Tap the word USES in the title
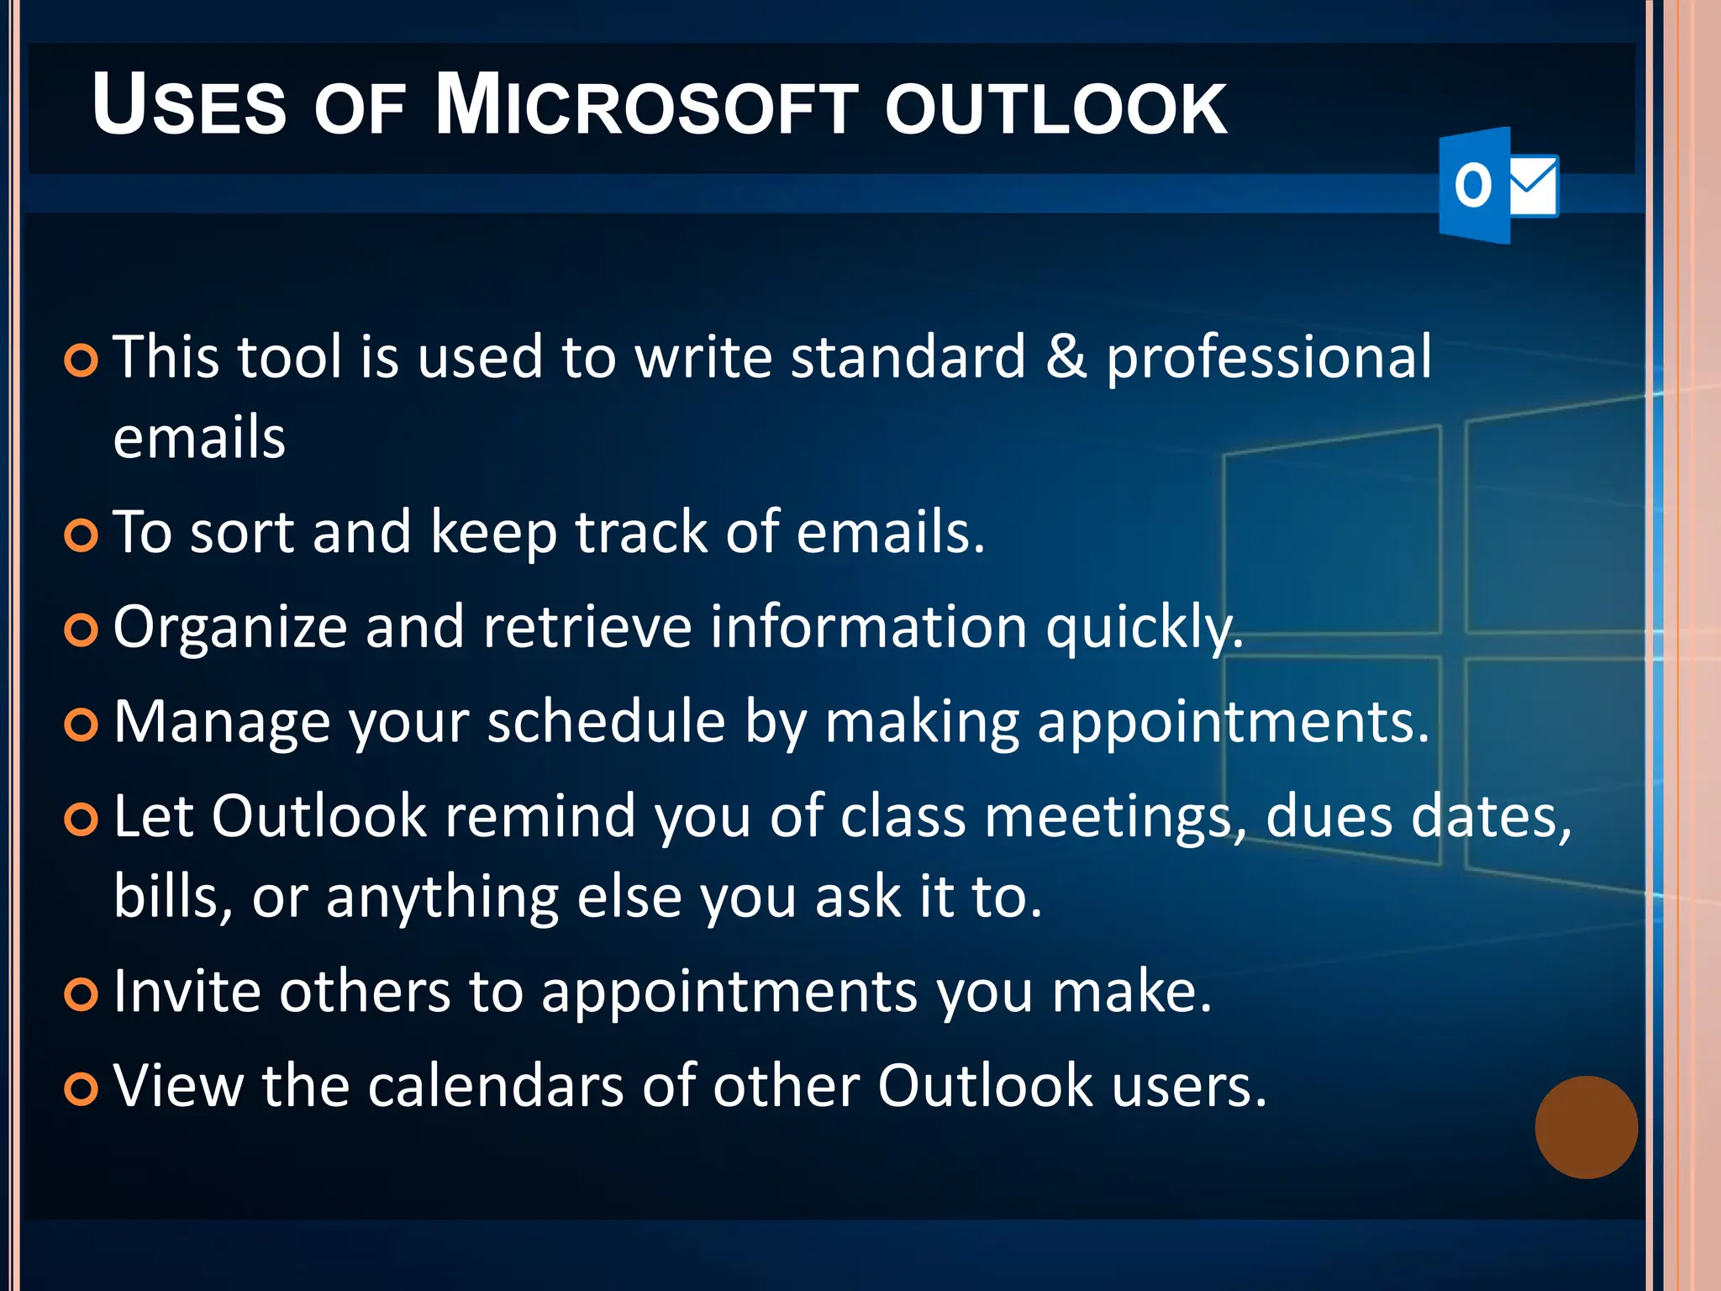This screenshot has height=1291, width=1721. (x=189, y=107)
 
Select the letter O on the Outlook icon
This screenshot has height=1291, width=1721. (x=1472, y=186)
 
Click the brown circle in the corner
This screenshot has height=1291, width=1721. (x=1586, y=1127)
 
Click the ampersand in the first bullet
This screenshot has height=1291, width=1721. (x=1066, y=357)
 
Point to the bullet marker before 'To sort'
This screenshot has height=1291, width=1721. (x=82, y=535)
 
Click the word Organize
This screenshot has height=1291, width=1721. (x=230, y=629)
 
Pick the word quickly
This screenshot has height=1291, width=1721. (x=1145, y=629)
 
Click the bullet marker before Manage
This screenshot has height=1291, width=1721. (x=82, y=725)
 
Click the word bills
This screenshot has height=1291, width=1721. (x=172, y=897)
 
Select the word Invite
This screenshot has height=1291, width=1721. (x=187, y=991)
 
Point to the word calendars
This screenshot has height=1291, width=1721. (x=496, y=1086)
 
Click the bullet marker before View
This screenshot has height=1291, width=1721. (x=82, y=1089)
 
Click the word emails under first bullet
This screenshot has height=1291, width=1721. (x=199, y=438)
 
